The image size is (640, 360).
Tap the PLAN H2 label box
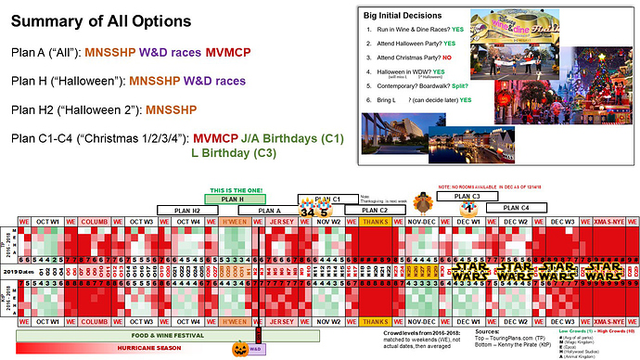tap(189, 211)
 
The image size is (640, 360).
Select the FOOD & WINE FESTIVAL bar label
tap(168, 334)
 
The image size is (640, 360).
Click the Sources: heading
tap(481, 328)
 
